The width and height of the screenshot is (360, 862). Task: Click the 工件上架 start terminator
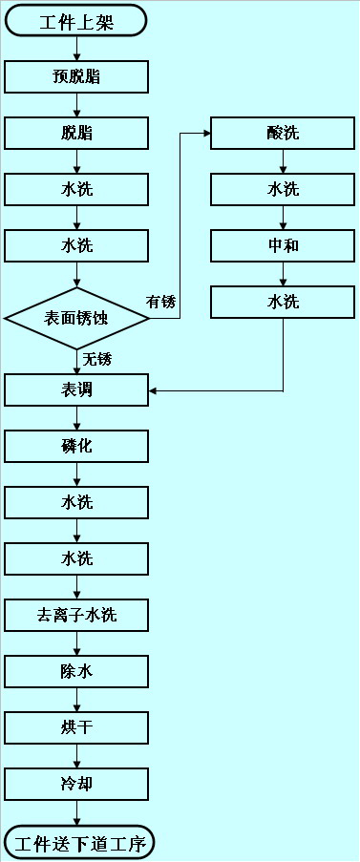76,20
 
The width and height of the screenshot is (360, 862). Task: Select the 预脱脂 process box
76,77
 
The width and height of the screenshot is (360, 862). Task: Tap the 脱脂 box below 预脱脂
76,134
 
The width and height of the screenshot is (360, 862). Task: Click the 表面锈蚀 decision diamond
76,318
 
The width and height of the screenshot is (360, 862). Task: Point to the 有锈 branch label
160,303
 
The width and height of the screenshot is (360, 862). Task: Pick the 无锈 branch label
96,359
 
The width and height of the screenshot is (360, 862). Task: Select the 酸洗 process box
283,134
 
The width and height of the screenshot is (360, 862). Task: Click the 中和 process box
283,245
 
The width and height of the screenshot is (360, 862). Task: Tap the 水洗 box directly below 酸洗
283,189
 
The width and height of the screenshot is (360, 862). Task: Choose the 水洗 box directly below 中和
283,302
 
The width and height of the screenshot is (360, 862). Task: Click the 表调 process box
76,390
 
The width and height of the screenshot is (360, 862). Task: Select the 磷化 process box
76,446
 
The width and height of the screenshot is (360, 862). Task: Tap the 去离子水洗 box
76,615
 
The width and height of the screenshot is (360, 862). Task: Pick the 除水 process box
76,671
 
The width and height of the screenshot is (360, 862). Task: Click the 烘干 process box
76,727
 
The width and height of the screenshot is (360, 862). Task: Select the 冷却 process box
76,785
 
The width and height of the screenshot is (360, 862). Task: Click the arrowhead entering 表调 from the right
154,390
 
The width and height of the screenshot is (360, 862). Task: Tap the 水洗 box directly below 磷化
76,502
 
